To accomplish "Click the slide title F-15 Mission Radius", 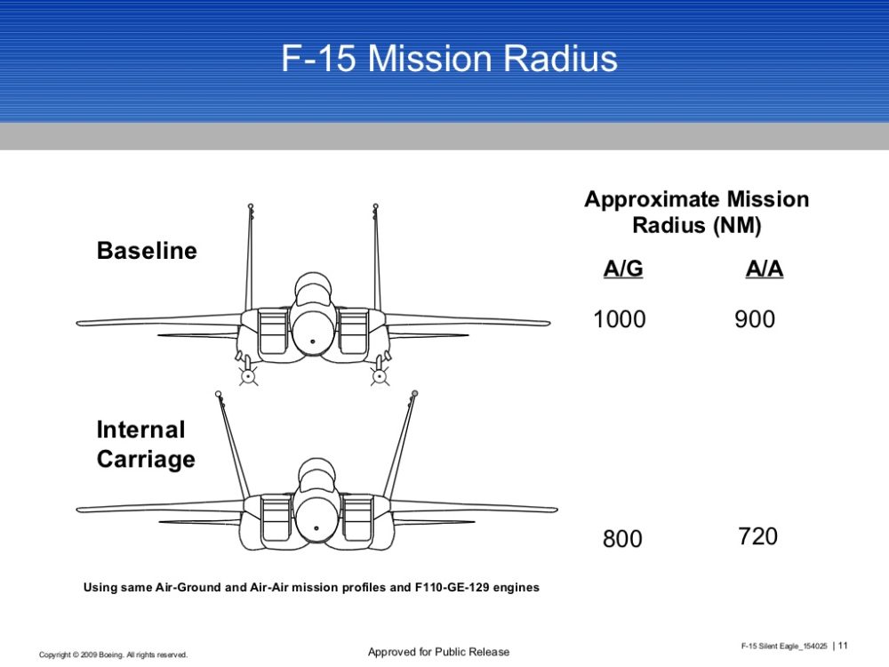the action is (x=449, y=59).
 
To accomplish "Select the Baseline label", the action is (x=147, y=251).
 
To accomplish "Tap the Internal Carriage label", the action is (x=146, y=444).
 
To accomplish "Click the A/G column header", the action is (x=623, y=269).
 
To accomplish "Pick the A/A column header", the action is (x=765, y=269).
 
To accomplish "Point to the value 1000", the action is (x=619, y=319).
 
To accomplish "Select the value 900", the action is (x=755, y=319).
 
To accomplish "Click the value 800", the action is (x=622, y=539).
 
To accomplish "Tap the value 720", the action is (x=757, y=536).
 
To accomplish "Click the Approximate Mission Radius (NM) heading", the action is (x=697, y=213).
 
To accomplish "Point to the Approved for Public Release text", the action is (x=439, y=652).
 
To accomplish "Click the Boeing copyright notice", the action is (x=114, y=655).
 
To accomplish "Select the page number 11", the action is (x=843, y=646).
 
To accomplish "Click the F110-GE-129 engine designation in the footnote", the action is (x=452, y=588).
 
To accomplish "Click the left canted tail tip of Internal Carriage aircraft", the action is (x=219, y=394).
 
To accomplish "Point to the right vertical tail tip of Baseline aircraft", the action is (x=375, y=206).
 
